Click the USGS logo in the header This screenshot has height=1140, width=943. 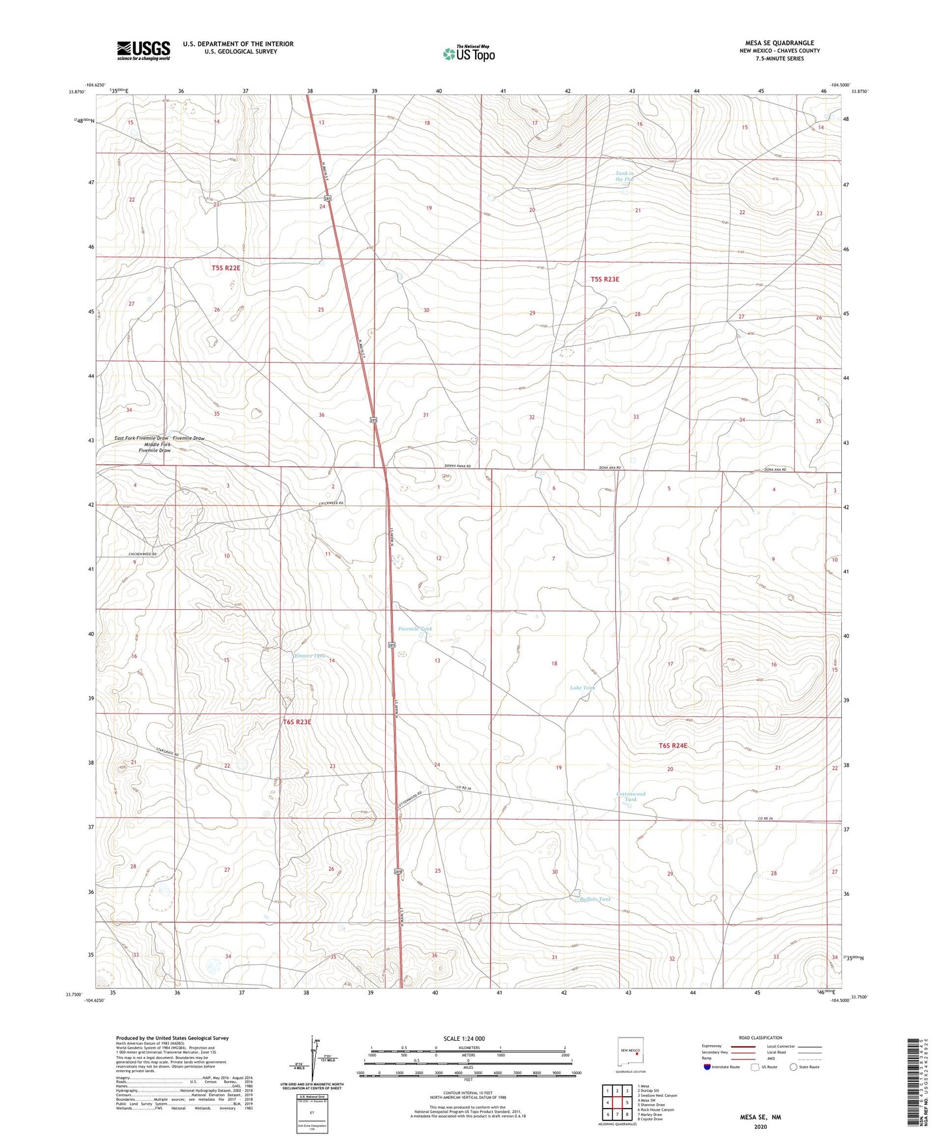(144, 50)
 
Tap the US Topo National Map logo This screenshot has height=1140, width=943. (469, 53)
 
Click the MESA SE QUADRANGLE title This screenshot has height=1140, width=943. (779, 43)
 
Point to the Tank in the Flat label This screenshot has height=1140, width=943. (625, 176)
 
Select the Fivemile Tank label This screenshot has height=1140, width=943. (415, 629)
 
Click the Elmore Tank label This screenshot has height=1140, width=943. (310, 656)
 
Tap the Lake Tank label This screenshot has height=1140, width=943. (582, 688)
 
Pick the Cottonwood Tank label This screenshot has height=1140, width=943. (630, 797)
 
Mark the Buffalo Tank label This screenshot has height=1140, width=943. (595, 899)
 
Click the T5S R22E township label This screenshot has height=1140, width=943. (226, 268)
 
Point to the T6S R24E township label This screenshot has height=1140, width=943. (673, 745)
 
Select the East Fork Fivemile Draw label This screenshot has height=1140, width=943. (142, 438)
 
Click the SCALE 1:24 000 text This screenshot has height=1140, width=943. (464, 1038)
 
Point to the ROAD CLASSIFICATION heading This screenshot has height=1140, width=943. (760, 1037)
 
